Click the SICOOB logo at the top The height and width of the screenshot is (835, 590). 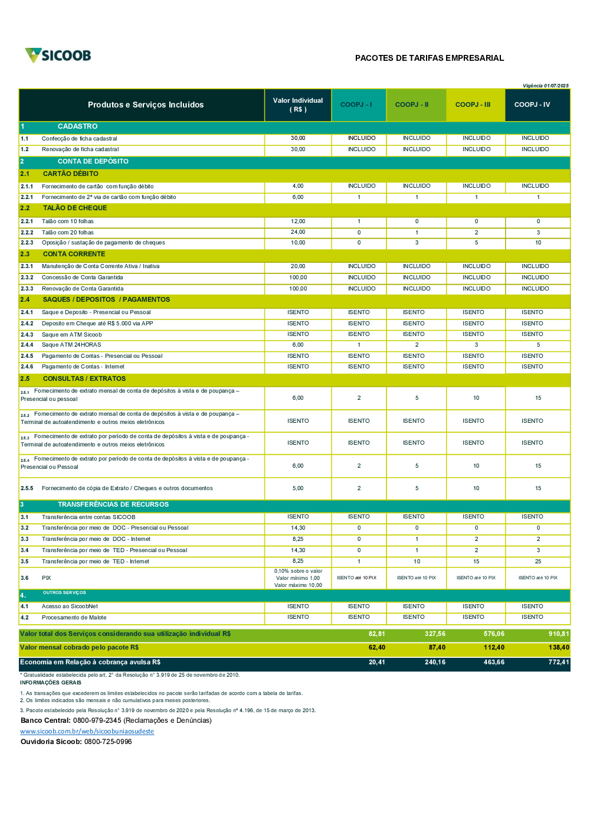pos(58,56)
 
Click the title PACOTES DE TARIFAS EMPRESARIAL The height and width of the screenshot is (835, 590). pos(429,58)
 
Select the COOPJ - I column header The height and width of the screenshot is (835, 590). pos(356,105)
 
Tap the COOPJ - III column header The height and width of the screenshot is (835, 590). pos(473,105)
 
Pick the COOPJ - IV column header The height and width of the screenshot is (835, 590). pos(532,105)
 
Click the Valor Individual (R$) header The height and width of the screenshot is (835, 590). pos(298,105)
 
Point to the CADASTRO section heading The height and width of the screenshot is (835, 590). pos(77,126)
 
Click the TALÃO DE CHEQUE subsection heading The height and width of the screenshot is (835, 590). pos(75,208)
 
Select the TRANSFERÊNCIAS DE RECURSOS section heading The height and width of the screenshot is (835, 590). pos(113,504)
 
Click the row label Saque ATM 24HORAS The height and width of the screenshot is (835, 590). pos(71,345)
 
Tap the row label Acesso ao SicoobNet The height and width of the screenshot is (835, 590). pos(70,606)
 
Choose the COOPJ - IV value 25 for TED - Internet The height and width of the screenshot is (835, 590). pos(538,562)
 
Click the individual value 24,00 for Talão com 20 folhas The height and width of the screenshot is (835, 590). pos(298,232)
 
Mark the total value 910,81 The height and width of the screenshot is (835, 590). pos(558,634)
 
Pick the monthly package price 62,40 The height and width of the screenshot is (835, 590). pos(376,647)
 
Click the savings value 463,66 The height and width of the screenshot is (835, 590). pos(494,662)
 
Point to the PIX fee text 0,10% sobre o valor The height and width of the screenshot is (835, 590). pos(298,571)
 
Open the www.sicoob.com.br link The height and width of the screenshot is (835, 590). pos(87,731)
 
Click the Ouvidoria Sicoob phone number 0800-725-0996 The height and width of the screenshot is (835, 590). pos(108,742)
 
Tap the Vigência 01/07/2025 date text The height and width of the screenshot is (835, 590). pos(545,86)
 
